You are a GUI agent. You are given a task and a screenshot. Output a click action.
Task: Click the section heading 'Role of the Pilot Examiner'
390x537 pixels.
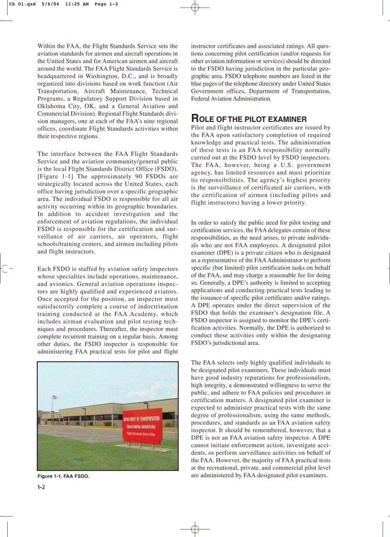[x=249, y=119]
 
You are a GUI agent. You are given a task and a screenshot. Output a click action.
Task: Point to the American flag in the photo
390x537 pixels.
[x=54, y=398]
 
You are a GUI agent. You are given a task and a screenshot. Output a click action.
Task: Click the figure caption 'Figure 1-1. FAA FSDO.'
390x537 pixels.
[x=63, y=477]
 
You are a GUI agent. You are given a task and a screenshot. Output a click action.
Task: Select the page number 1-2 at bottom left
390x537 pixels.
[x=41, y=487]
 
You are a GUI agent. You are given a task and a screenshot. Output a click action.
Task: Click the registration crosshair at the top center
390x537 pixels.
[x=195, y=8]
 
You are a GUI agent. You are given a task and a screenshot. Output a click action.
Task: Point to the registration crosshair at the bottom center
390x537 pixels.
[x=195, y=529]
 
